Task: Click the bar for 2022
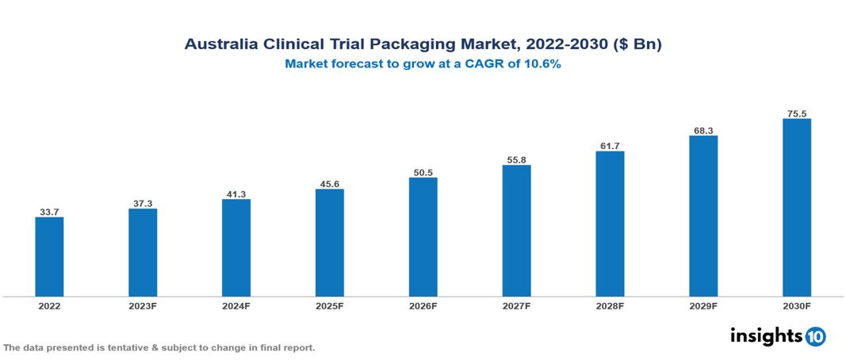tap(49, 256)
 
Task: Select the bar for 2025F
tap(329, 242)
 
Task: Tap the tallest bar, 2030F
tap(796, 207)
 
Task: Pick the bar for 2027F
tap(516, 230)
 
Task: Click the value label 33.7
tap(49, 212)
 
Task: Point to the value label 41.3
tap(236, 193)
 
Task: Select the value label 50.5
tap(423, 172)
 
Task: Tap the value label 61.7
tap(610, 146)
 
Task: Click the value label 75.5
tap(796, 113)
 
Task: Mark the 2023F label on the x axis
tap(143, 305)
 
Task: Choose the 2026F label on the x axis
tap(423, 305)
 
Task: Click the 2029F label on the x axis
tap(702, 305)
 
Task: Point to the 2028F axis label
tap(610, 305)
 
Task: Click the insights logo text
tap(765, 335)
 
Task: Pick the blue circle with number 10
tap(815, 337)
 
